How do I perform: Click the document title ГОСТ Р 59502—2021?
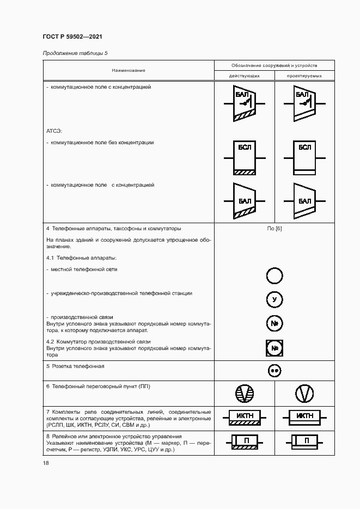[72, 37]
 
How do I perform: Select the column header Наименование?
[129, 70]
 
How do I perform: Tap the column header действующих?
[245, 76]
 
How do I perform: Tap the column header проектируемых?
[304, 76]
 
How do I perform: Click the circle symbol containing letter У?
[274, 299]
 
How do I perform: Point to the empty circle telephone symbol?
[274, 276]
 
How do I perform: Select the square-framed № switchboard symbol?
[274, 347]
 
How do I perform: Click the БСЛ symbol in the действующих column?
[245, 158]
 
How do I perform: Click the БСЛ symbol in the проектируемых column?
[304, 158]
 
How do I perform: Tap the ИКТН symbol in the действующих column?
[245, 417]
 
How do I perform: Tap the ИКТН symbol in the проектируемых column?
[304, 417]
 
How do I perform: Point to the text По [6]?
[274, 228]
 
